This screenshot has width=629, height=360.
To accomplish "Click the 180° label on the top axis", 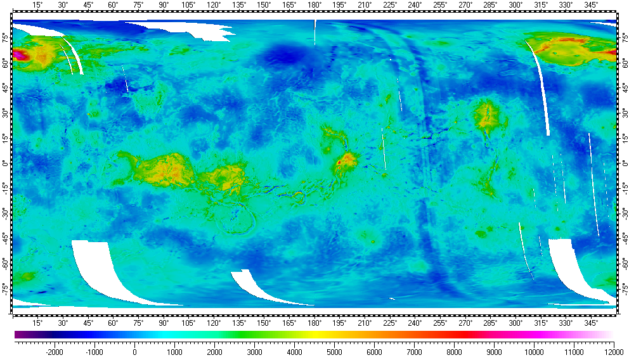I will (x=314, y=5).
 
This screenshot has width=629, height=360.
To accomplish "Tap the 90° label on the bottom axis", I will (x=164, y=323).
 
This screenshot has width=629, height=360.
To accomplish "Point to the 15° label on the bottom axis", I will (x=38, y=323).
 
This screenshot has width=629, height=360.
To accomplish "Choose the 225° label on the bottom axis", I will (x=390, y=323).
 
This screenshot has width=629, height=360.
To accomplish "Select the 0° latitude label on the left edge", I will (x=5, y=164).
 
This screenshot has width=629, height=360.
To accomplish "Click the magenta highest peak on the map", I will (x=18, y=55).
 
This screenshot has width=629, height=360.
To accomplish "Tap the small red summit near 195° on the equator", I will (x=339, y=162).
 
